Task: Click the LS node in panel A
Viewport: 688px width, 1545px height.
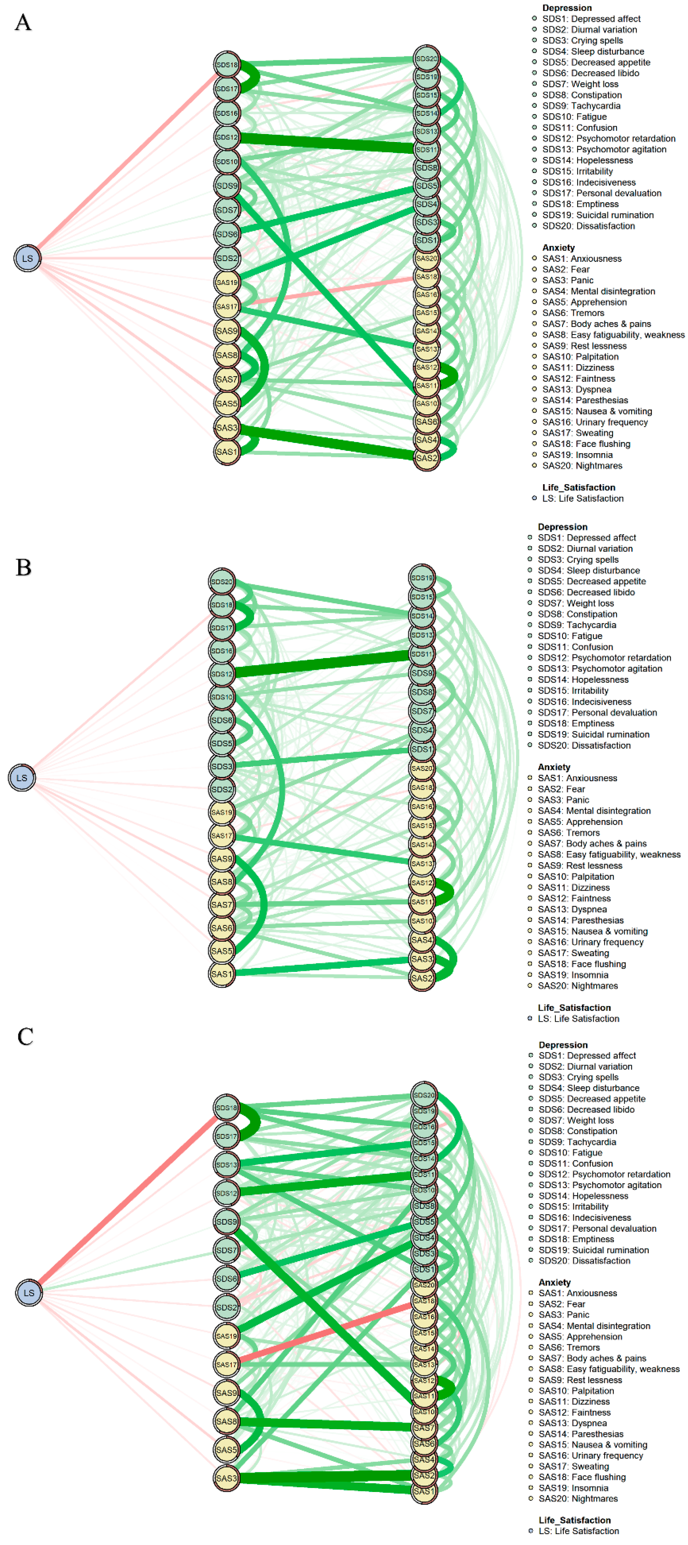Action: (28, 259)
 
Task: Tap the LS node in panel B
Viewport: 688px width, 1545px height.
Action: (22, 778)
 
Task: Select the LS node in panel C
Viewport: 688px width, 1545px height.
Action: (29, 1292)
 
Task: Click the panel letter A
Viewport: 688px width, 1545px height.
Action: (23, 23)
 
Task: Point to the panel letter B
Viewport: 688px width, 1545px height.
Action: (23, 567)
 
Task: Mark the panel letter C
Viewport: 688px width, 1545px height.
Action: (25, 1036)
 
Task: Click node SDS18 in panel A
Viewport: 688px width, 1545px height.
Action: (227, 64)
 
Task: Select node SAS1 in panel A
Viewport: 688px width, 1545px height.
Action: (227, 452)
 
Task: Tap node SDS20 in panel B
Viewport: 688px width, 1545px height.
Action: (222, 581)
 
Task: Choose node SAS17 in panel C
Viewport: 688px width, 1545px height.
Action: (226, 1365)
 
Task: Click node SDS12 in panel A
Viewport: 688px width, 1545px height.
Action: (227, 137)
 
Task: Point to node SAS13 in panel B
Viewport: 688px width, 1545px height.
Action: (422, 864)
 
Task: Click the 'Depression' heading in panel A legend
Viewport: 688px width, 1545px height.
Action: (567, 8)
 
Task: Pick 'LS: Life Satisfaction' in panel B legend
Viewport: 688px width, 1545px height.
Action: (578, 1018)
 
